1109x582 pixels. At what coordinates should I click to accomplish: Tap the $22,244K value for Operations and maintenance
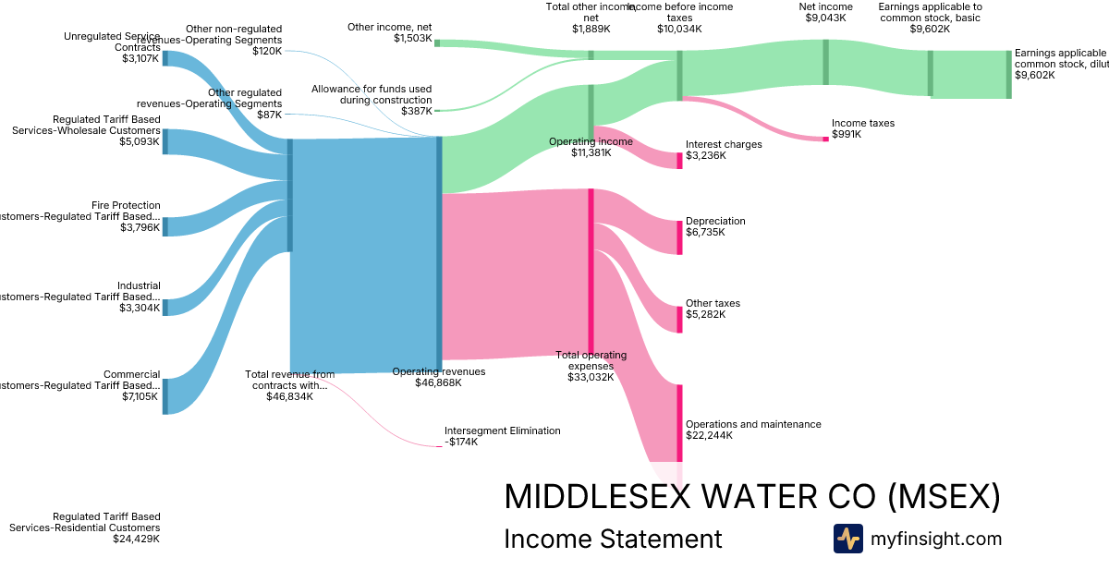click(x=709, y=435)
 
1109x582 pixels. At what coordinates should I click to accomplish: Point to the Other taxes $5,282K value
click(x=705, y=314)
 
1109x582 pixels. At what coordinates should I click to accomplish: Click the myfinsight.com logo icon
click(x=847, y=539)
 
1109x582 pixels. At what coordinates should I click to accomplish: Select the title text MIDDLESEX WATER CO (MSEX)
click(x=751, y=496)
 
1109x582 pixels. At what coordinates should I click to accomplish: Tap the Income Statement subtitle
click(x=613, y=539)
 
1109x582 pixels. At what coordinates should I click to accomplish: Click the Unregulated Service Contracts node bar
click(x=165, y=58)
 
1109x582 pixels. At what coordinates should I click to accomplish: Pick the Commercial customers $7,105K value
click(x=140, y=396)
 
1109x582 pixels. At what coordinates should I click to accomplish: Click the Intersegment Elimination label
click(x=502, y=430)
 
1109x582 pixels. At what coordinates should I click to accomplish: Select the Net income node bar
click(x=826, y=63)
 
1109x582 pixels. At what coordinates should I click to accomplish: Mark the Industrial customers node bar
click(x=165, y=308)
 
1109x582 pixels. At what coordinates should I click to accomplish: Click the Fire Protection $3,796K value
click(x=140, y=227)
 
